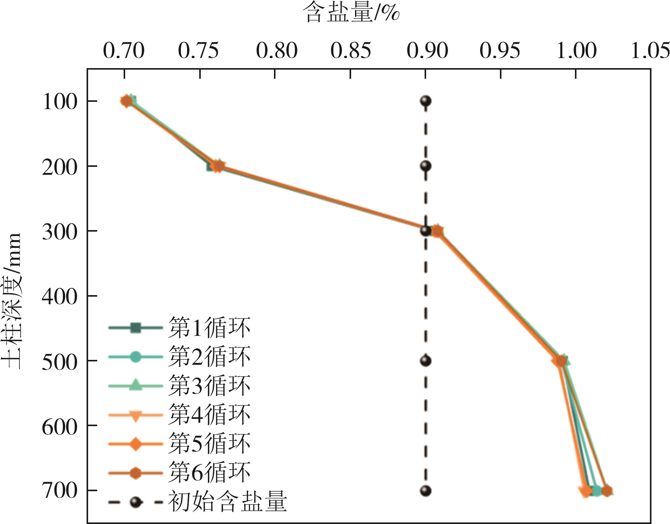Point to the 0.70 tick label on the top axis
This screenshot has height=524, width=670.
tap(124, 51)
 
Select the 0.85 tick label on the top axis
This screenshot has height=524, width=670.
tap(351, 51)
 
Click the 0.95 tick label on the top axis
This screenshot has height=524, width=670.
tap(500, 51)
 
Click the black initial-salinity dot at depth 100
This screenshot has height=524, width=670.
tap(426, 101)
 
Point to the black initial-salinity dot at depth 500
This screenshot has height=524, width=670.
tap(426, 361)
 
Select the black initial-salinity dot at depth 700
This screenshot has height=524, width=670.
tap(426, 491)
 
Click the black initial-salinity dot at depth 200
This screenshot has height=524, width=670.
tap(426, 166)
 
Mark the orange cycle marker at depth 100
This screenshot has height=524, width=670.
tap(126, 101)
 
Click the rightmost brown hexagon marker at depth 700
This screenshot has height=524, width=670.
tap(607, 491)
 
